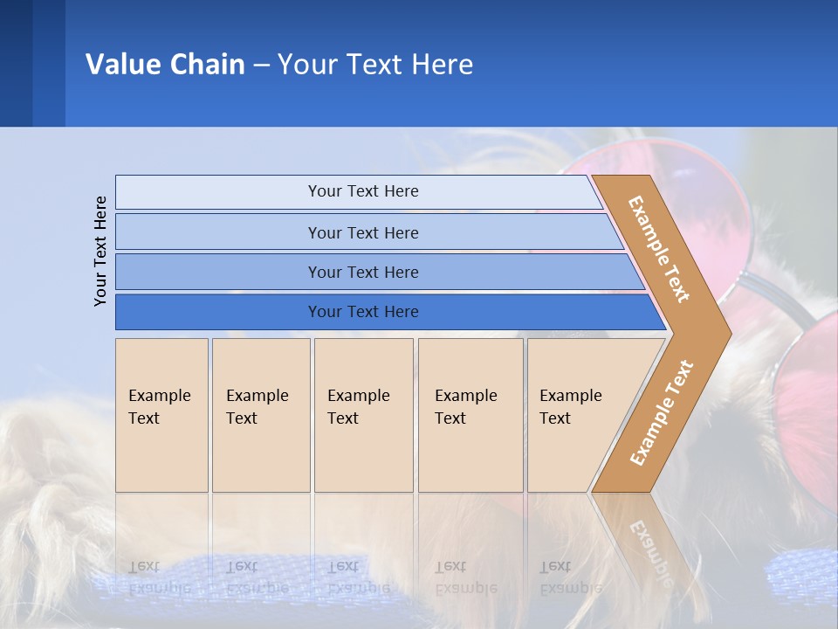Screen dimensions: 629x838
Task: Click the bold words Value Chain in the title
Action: (x=165, y=65)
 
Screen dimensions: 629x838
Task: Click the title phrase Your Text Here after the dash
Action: (x=375, y=65)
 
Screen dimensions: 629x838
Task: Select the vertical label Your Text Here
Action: (x=100, y=251)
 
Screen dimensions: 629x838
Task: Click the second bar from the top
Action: (x=362, y=232)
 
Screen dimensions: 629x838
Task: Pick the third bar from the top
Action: (x=362, y=272)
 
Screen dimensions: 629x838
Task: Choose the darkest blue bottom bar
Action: (x=362, y=312)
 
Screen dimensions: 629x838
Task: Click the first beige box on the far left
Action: (x=161, y=415)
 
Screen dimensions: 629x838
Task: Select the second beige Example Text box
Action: (x=260, y=415)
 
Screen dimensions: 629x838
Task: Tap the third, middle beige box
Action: (x=363, y=415)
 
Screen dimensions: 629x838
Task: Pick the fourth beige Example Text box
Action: (x=470, y=415)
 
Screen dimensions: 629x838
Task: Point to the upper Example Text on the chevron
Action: (x=659, y=249)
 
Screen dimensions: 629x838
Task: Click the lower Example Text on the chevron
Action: (x=662, y=412)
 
